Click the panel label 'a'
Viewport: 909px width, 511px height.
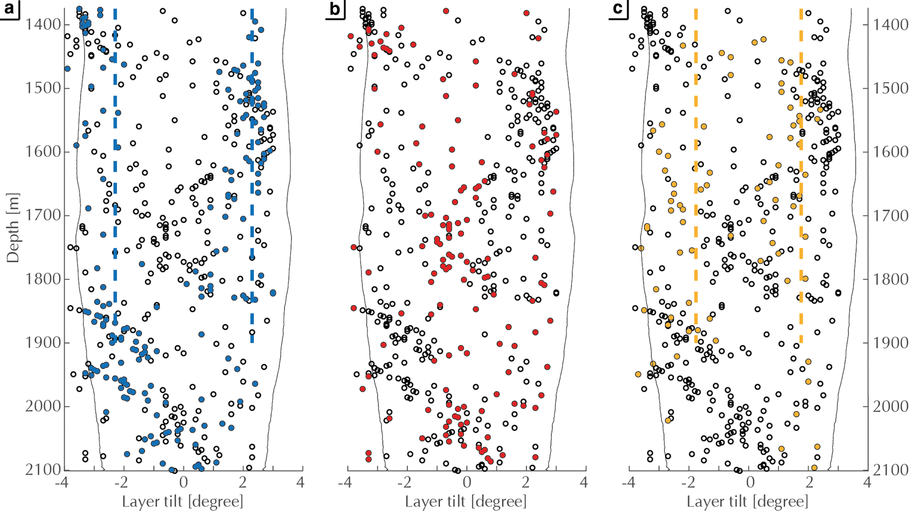coord(10,9)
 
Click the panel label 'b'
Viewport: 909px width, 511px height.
coord(335,9)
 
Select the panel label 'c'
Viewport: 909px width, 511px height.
coord(618,9)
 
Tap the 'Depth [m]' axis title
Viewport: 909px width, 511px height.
coord(13,227)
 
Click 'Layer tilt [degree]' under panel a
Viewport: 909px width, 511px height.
coord(183,501)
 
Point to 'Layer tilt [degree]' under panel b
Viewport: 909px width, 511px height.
coord(466,501)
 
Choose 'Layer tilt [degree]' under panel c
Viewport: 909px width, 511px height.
coord(748,501)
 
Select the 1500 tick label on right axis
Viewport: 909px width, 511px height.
coord(889,88)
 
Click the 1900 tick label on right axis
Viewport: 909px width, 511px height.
coord(889,342)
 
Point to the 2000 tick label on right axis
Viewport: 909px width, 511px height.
coord(889,406)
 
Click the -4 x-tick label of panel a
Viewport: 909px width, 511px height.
coord(64,482)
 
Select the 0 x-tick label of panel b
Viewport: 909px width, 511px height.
coord(467,482)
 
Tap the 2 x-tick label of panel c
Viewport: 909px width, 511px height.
coord(809,482)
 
